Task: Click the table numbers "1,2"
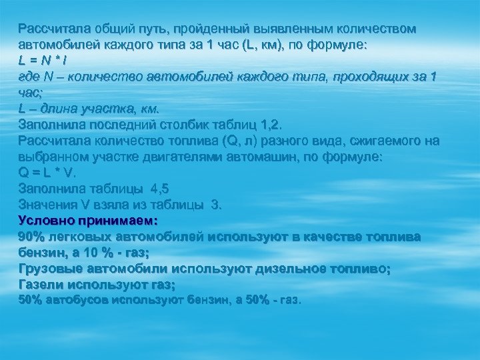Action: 271,125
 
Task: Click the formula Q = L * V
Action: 48,173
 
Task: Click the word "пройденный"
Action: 219,29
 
